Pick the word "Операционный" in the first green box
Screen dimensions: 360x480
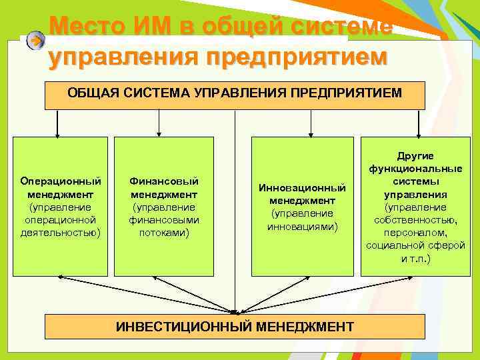(x=61, y=181)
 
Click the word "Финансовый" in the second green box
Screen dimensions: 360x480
(x=164, y=181)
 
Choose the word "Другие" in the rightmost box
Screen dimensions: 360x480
(x=415, y=155)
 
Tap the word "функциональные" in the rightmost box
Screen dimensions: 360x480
(x=415, y=169)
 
